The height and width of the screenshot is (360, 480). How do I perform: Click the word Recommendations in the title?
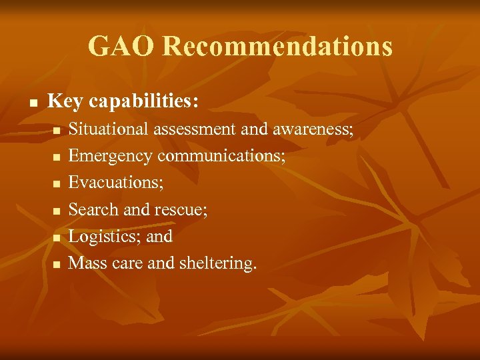tap(277, 47)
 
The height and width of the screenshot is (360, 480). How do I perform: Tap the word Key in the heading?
tap(64, 101)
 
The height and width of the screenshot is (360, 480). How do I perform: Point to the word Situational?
tap(109, 129)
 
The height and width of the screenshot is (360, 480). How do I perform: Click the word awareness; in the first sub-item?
tap(313, 129)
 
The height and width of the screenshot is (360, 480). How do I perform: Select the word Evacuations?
tap(116, 183)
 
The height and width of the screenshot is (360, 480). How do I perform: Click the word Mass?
tap(88, 263)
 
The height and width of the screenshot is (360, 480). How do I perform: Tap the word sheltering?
tap(217, 263)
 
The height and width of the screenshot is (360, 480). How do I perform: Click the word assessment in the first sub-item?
tap(194, 129)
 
